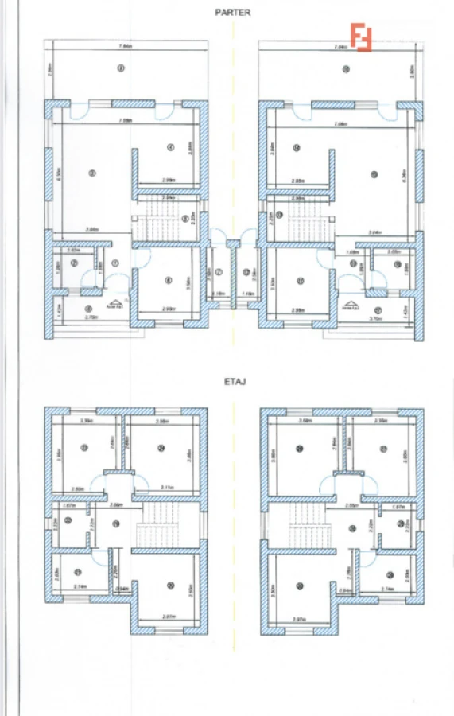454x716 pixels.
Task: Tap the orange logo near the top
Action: click(x=362, y=37)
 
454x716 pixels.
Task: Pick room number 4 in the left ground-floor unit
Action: click(x=169, y=147)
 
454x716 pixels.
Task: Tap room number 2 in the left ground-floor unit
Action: click(x=74, y=262)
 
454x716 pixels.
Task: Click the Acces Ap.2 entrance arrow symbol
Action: click(x=349, y=303)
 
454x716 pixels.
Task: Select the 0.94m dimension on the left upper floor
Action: click(x=122, y=589)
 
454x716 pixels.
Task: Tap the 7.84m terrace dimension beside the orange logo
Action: click(x=340, y=48)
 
